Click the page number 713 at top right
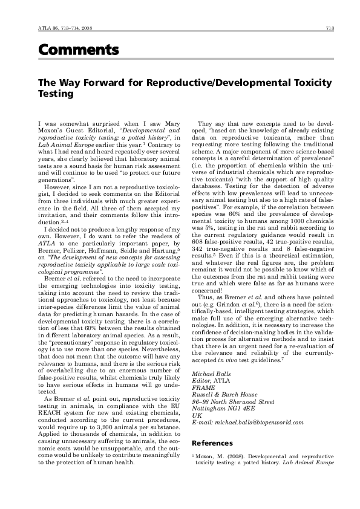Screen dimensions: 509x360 coord(330,28)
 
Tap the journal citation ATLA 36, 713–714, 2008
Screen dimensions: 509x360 coord(57,28)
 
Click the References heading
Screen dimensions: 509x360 coord(215,443)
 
